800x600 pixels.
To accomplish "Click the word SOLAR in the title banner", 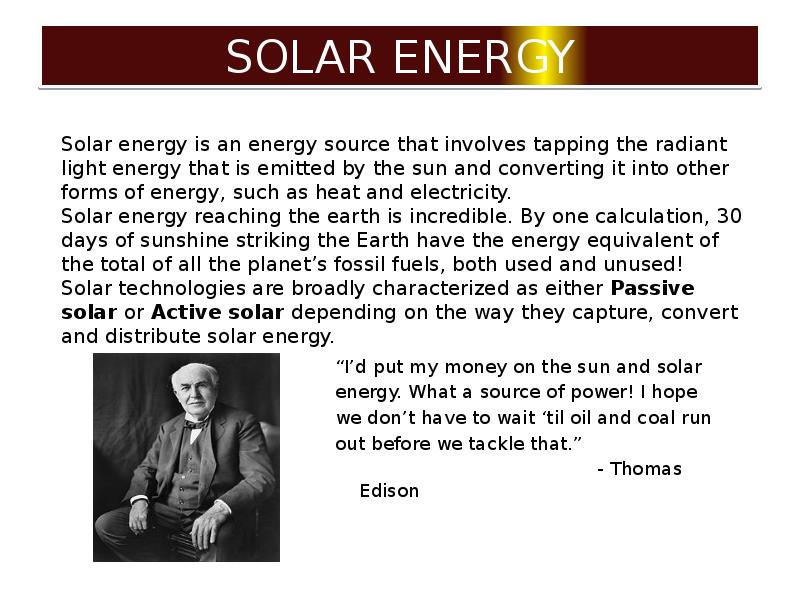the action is [x=301, y=57].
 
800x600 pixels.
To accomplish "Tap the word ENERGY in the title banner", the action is [x=484, y=57].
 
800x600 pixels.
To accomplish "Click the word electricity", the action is [x=460, y=192].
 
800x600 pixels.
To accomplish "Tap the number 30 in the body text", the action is [x=729, y=216].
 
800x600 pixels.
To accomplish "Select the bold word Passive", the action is [x=652, y=288].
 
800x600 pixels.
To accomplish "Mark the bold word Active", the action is [x=186, y=312].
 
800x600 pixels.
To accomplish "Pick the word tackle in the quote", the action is [x=495, y=443].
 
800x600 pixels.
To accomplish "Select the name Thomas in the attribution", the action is [x=646, y=469].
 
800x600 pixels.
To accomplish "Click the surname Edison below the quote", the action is [x=389, y=491].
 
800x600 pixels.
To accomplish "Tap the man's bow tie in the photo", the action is [x=195, y=423].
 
